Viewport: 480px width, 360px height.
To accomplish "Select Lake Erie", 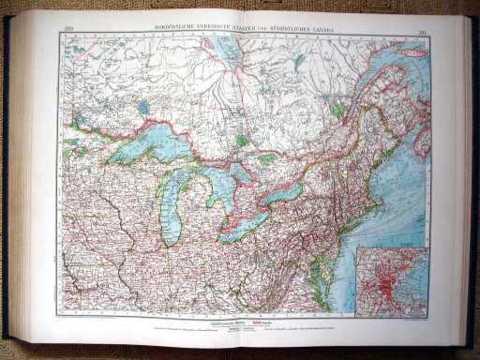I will click(246, 222).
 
